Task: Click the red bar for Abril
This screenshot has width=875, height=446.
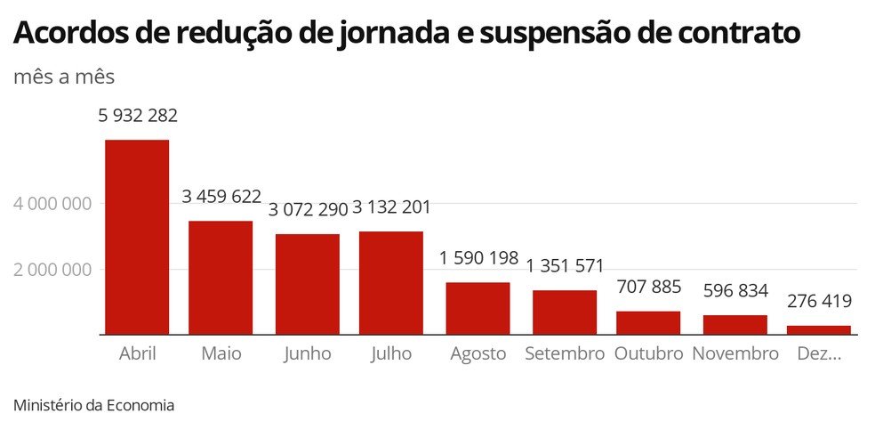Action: pyautogui.click(x=137, y=237)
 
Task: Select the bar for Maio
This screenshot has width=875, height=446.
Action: pyautogui.click(x=221, y=278)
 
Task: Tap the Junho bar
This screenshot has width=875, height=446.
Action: pyautogui.click(x=308, y=284)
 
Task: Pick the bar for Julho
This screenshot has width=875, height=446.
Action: pyautogui.click(x=391, y=283)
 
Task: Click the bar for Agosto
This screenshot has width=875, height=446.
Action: pyautogui.click(x=478, y=308)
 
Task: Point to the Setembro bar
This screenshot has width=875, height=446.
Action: pyautogui.click(x=565, y=312)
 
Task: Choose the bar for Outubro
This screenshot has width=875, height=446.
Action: pyautogui.click(x=648, y=323)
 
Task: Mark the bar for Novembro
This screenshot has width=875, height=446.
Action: pyautogui.click(x=735, y=325)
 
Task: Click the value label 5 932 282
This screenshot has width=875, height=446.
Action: pyautogui.click(x=137, y=116)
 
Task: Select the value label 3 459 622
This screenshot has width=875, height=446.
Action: pyautogui.click(x=222, y=197)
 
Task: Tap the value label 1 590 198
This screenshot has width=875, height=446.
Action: pyautogui.click(x=478, y=258)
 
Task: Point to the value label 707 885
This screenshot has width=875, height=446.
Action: pyautogui.click(x=648, y=287)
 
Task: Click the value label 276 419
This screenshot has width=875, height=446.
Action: pyautogui.click(x=819, y=301)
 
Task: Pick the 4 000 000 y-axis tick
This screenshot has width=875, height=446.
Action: pyautogui.click(x=53, y=204)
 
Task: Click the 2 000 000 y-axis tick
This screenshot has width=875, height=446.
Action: pyautogui.click(x=53, y=270)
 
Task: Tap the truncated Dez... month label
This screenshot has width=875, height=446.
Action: pyautogui.click(x=819, y=354)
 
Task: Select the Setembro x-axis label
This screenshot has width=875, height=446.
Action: pyautogui.click(x=565, y=354)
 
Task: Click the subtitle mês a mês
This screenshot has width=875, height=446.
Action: pyautogui.click(x=64, y=77)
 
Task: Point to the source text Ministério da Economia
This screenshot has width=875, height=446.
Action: pyautogui.click(x=94, y=405)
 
